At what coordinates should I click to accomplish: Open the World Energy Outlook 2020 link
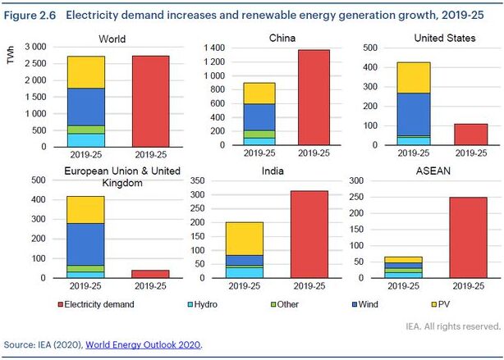[143, 344]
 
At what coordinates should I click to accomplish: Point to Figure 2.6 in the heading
[27, 15]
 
